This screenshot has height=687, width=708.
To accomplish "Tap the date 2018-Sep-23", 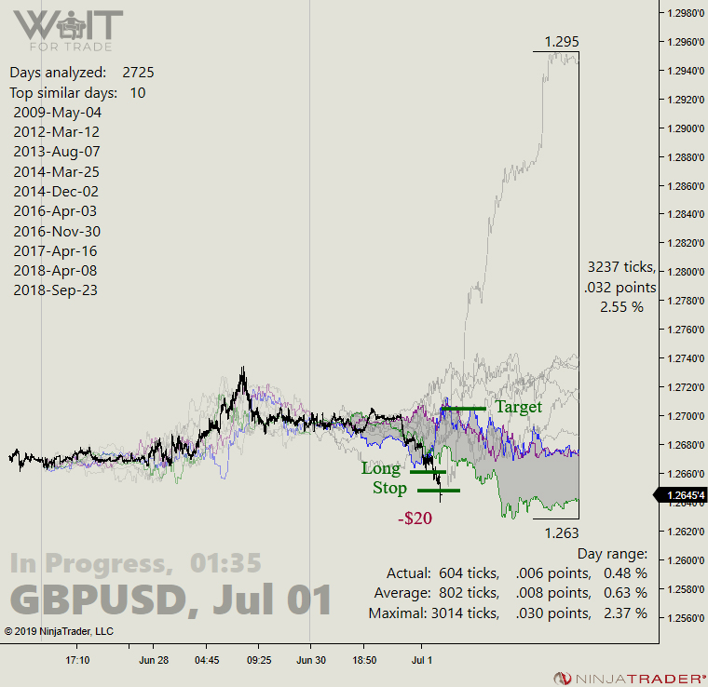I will (x=56, y=290).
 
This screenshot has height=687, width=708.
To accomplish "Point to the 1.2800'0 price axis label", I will (x=683, y=272).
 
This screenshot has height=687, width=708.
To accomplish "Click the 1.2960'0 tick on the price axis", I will (x=683, y=42).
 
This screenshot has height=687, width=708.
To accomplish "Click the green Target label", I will (x=518, y=407).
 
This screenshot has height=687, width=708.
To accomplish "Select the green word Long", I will (x=381, y=468).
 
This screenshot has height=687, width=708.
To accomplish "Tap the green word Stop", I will (x=389, y=488).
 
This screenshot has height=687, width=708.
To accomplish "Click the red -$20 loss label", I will (x=415, y=519).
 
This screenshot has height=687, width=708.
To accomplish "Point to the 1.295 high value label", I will (x=562, y=41).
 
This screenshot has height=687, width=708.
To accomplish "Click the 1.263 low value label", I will (x=562, y=532).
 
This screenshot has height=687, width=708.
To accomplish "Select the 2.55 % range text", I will (x=621, y=306).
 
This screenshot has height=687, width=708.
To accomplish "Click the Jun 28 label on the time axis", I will (x=154, y=660).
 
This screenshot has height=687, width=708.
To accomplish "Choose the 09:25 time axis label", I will (x=259, y=660).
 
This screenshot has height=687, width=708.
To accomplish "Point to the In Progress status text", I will (x=89, y=563).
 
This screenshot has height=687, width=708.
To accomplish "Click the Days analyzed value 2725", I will (x=138, y=72).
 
